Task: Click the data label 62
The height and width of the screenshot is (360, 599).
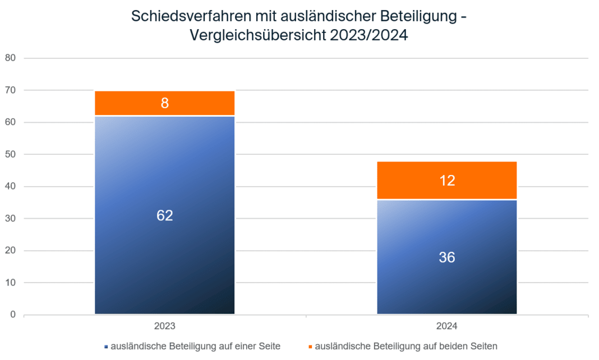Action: [164, 215]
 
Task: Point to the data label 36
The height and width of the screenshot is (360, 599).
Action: [446, 257]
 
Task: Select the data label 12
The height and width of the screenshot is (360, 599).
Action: [446, 181]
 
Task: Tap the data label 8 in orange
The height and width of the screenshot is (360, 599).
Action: [164, 103]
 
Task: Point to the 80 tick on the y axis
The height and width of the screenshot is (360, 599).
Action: [10, 58]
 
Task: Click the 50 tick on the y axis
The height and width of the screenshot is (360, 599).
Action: [10, 154]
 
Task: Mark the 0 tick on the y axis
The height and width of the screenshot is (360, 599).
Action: [13, 315]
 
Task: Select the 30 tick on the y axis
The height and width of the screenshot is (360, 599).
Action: [10, 218]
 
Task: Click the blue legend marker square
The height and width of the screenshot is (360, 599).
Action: [105, 347]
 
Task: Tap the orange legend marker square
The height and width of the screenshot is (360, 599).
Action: [310, 347]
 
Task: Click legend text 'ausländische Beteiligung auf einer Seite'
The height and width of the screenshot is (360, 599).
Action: [196, 346]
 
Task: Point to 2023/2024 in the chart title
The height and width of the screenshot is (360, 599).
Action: [368, 36]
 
